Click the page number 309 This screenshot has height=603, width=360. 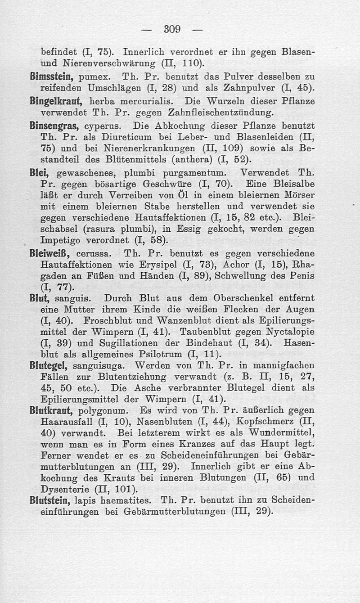click(173, 30)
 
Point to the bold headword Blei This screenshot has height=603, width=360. click(48, 172)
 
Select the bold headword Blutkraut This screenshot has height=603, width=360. click(58, 411)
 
